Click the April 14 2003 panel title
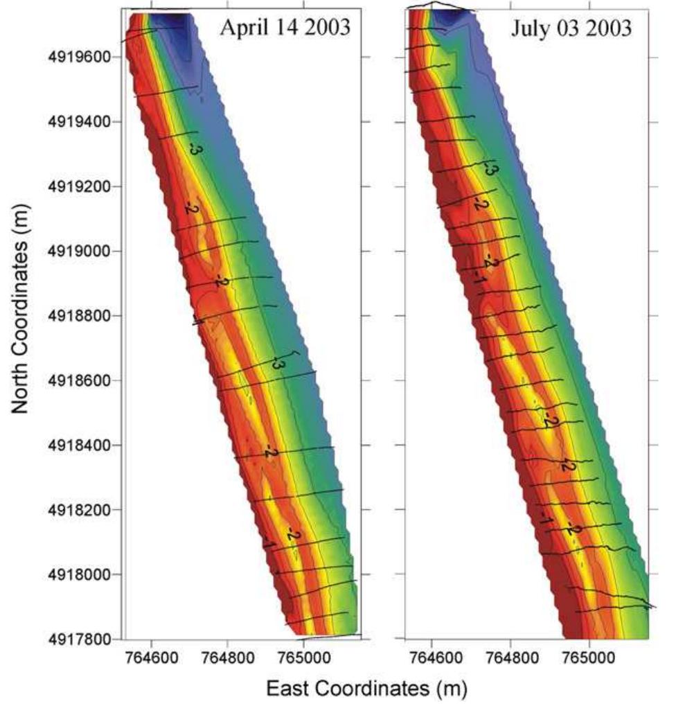click(285, 28)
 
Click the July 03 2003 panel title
click(571, 28)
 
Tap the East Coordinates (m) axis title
click(367, 689)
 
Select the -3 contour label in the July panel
click(489, 167)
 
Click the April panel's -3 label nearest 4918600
click(278, 362)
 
